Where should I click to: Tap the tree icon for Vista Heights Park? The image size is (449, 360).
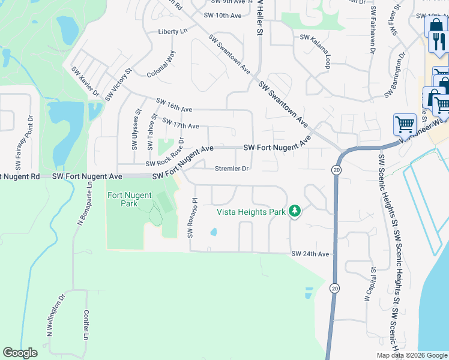point(294,211)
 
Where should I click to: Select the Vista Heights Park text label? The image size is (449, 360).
point(251,211)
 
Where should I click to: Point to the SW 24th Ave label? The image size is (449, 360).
point(310,254)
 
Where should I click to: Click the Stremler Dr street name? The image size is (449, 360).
point(232,169)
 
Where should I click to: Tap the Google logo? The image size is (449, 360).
point(20,353)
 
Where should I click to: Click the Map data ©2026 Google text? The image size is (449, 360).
point(412,355)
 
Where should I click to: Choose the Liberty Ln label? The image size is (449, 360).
point(173,31)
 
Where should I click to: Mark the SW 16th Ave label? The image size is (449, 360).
point(174,105)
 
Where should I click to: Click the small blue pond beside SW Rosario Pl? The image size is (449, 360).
point(213,232)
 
